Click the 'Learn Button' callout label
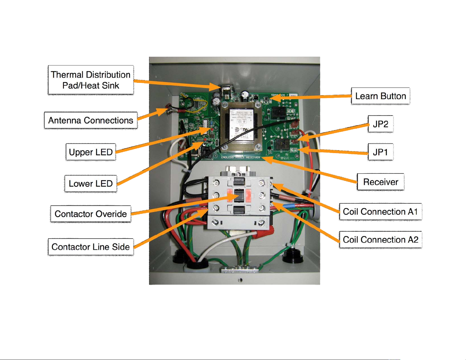pyautogui.click(x=380, y=96)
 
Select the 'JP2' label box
pyautogui.click(x=380, y=124)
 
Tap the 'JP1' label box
pyautogui.click(x=380, y=152)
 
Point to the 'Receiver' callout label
pyautogui.click(x=380, y=182)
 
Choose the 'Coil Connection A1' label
pyautogui.click(x=380, y=212)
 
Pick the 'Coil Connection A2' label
pyautogui.click(x=380, y=240)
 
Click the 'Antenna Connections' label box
pyautogui.click(x=91, y=120)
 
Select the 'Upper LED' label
pyautogui.click(x=91, y=152)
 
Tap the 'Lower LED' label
pyautogui.click(x=91, y=184)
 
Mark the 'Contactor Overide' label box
pyautogui.click(x=91, y=214)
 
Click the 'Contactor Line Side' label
pyautogui.click(x=91, y=247)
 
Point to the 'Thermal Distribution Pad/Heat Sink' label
pyautogui.click(x=91, y=80)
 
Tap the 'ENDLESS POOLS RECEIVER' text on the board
pyautogui.click(x=240, y=158)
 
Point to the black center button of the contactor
pyautogui.click(x=239, y=195)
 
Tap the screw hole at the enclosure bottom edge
pyautogui.click(x=240, y=280)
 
